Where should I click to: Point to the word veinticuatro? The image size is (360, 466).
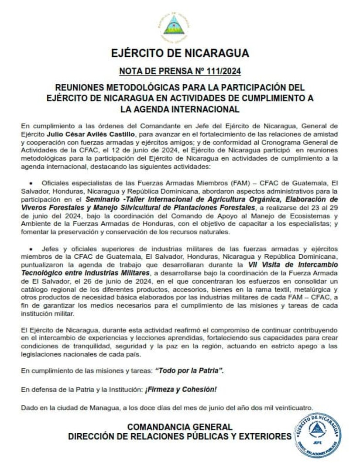(x=293, y=408)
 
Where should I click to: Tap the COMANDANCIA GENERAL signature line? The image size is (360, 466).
(x=179, y=427)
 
